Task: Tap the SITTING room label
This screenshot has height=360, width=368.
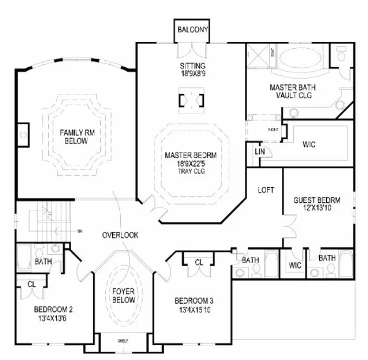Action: click(192, 66)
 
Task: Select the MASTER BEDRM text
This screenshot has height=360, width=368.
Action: click(193, 156)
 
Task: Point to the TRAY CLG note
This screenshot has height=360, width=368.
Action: click(193, 171)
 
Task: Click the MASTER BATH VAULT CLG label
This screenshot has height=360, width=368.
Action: click(293, 92)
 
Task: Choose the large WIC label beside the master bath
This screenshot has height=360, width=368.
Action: click(309, 144)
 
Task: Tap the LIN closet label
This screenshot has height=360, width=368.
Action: click(260, 152)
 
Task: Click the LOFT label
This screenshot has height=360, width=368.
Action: click(266, 190)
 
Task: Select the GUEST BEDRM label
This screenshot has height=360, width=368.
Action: click(316, 200)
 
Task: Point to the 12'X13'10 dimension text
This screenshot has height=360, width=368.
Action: click(316, 208)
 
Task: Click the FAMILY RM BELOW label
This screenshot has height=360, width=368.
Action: click(74, 137)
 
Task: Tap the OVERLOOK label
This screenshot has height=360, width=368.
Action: click(120, 235)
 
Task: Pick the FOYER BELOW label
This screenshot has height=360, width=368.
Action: click(124, 295)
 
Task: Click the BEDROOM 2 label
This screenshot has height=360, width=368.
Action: click(53, 310)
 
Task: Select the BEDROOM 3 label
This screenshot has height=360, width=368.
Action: click(194, 301)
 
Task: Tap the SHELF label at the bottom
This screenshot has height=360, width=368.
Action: click(123, 342)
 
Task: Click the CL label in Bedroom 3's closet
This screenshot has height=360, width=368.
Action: click(199, 263)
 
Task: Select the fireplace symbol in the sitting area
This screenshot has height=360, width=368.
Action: click(192, 101)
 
